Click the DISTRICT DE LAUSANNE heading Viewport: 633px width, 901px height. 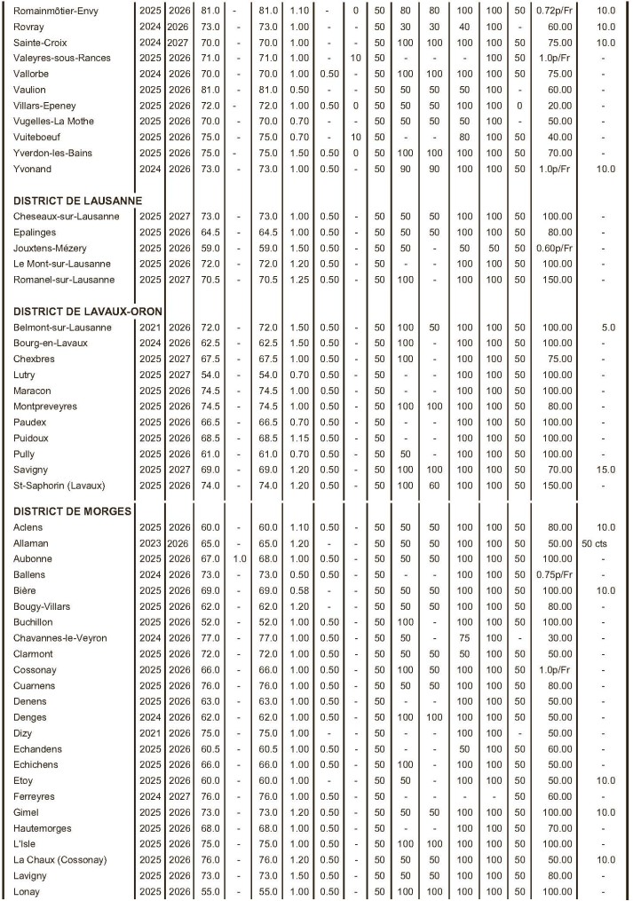tap(77, 200)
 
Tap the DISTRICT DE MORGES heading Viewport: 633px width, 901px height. tap(73, 510)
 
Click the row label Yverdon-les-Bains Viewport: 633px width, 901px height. tap(54, 152)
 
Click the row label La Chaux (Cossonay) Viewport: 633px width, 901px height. tap(60, 859)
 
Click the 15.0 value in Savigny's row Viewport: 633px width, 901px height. tap(606, 469)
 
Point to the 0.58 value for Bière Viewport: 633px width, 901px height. tap(299, 590)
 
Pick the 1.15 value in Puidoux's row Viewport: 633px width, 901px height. tap(299, 438)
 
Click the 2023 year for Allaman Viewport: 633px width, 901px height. tap(150, 542)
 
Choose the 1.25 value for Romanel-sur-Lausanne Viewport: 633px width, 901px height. tap(299, 280)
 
